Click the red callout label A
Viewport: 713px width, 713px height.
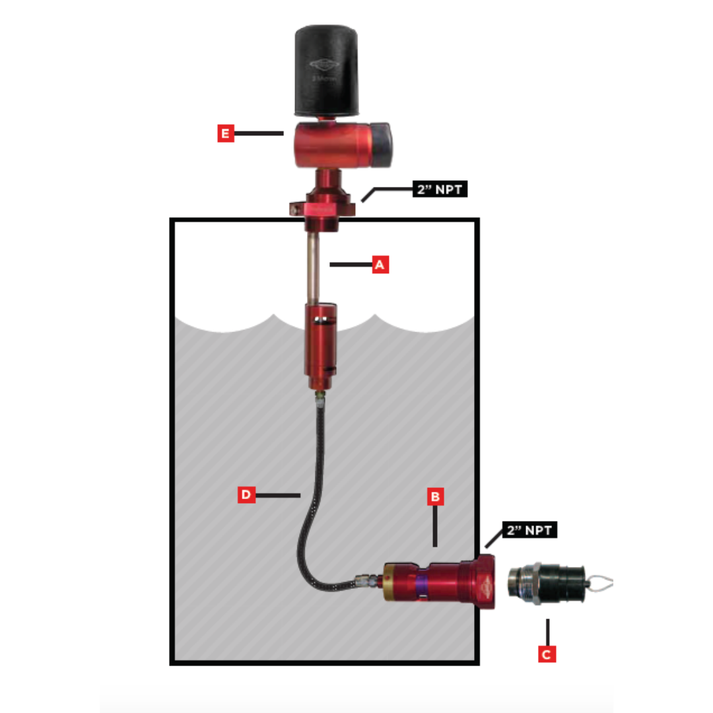point(380,265)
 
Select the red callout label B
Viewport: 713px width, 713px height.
point(434,496)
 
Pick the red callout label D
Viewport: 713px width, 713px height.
point(246,494)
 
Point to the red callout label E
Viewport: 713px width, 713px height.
point(226,133)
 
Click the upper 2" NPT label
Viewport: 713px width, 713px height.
point(440,189)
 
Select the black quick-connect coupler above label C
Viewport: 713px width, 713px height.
point(540,582)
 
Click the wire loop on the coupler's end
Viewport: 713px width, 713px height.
point(601,583)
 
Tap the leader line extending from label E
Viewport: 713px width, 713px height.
point(259,133)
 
